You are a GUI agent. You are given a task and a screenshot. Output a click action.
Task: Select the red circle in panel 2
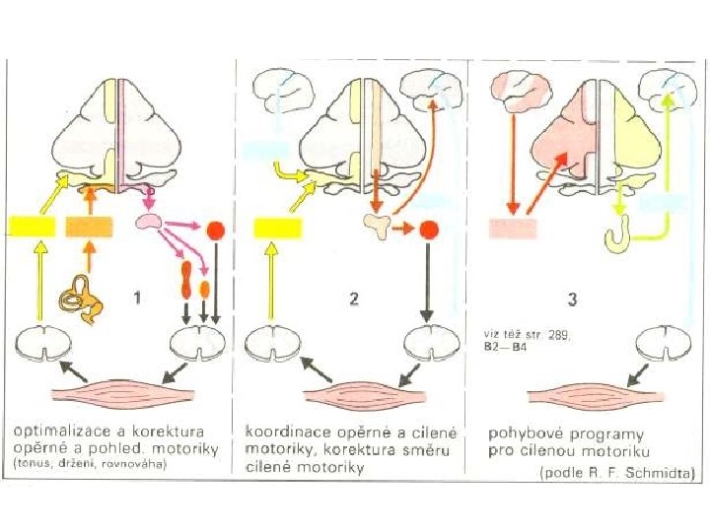click(x=428, y=231)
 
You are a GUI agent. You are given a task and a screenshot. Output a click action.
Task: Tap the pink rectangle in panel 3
click(x=513, y=229)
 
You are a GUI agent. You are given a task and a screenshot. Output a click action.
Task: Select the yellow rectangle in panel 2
click(x=277, y=229)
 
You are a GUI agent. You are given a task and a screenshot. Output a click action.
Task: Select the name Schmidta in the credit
click(x=662, y=472)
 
